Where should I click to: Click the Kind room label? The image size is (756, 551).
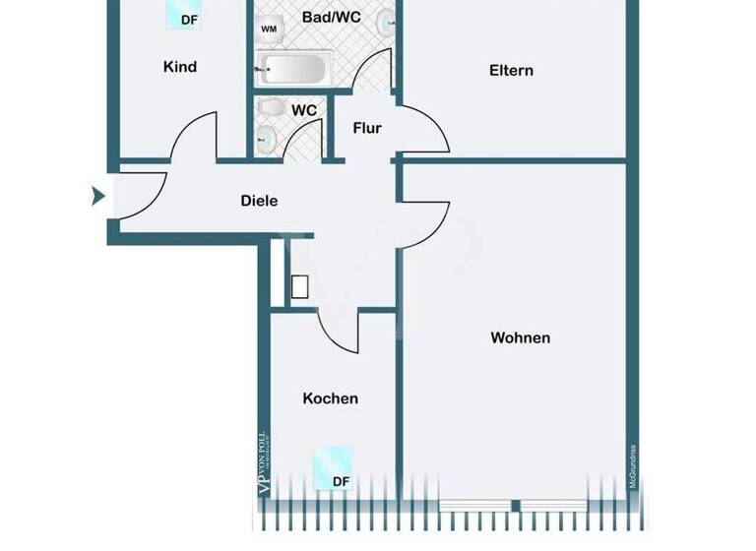tap(180, 67)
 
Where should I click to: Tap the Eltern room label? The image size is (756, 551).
tap(511, 70)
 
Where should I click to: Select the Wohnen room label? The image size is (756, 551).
tap(520, 337)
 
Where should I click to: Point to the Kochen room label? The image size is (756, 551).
tap(330, 398)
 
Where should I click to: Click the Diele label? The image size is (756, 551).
tap(259, 201)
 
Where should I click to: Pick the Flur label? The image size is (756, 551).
tap(366, 128)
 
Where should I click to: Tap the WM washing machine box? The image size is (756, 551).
tap(269, 30)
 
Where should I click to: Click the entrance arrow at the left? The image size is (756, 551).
tap(97, 197)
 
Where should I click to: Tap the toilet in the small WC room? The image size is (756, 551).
tap(271, 108)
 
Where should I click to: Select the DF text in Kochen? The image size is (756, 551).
tap(340, 481)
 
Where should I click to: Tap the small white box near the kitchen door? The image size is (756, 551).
tap(300, 286)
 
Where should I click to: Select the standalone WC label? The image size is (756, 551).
tap(304, 110)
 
